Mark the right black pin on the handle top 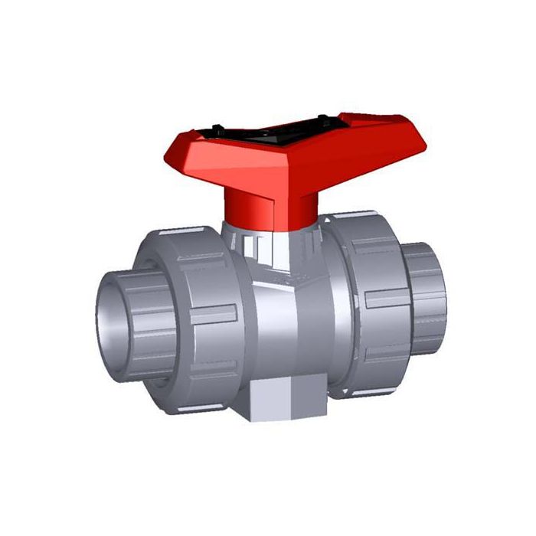coord(322,117)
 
